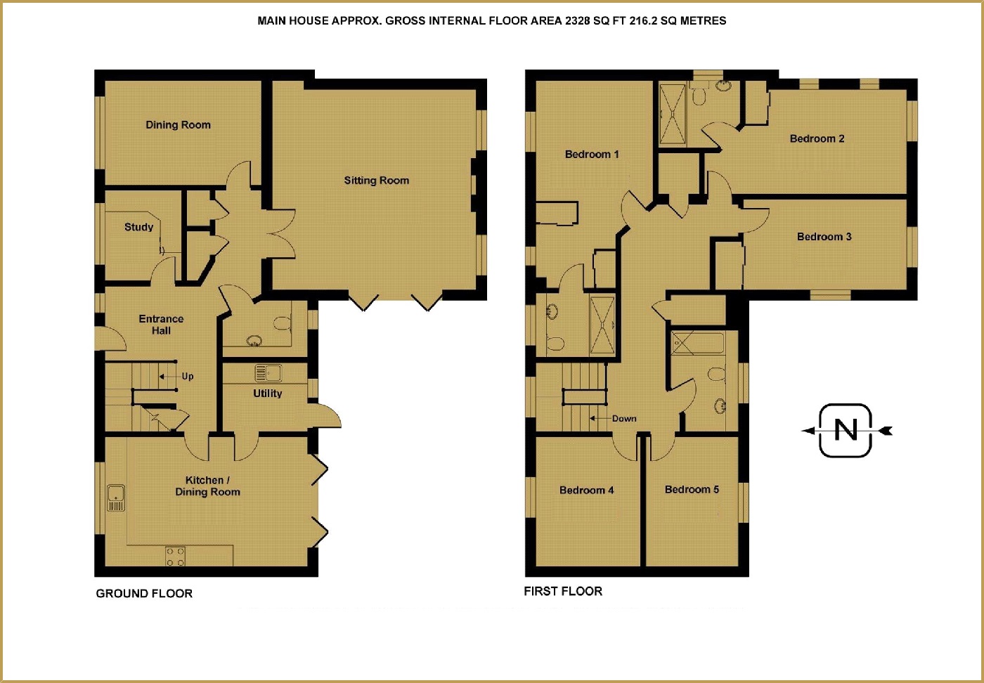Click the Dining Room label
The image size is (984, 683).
point(178,125)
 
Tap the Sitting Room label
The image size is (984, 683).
point(376,181)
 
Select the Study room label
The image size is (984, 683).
point(138,227)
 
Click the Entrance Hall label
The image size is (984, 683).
point(161,325)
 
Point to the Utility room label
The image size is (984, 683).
point(267,393)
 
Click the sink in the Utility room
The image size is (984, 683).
point(268,372)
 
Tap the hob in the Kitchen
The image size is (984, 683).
point(176,557)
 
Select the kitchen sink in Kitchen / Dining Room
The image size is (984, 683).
point(115,497)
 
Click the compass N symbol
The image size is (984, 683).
point(846,430)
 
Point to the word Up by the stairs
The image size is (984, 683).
point(188,377)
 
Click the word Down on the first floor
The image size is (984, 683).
point(623,419)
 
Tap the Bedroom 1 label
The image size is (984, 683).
point(592,155)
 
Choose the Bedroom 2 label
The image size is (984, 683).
point(817,139)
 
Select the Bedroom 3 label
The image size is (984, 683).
point(824,237)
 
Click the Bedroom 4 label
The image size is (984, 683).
point(586,490)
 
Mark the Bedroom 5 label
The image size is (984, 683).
point(692,490)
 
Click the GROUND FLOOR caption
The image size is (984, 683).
point(144,594)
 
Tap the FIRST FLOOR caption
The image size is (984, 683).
point(563,592)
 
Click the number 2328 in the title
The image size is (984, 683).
point(578,21)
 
